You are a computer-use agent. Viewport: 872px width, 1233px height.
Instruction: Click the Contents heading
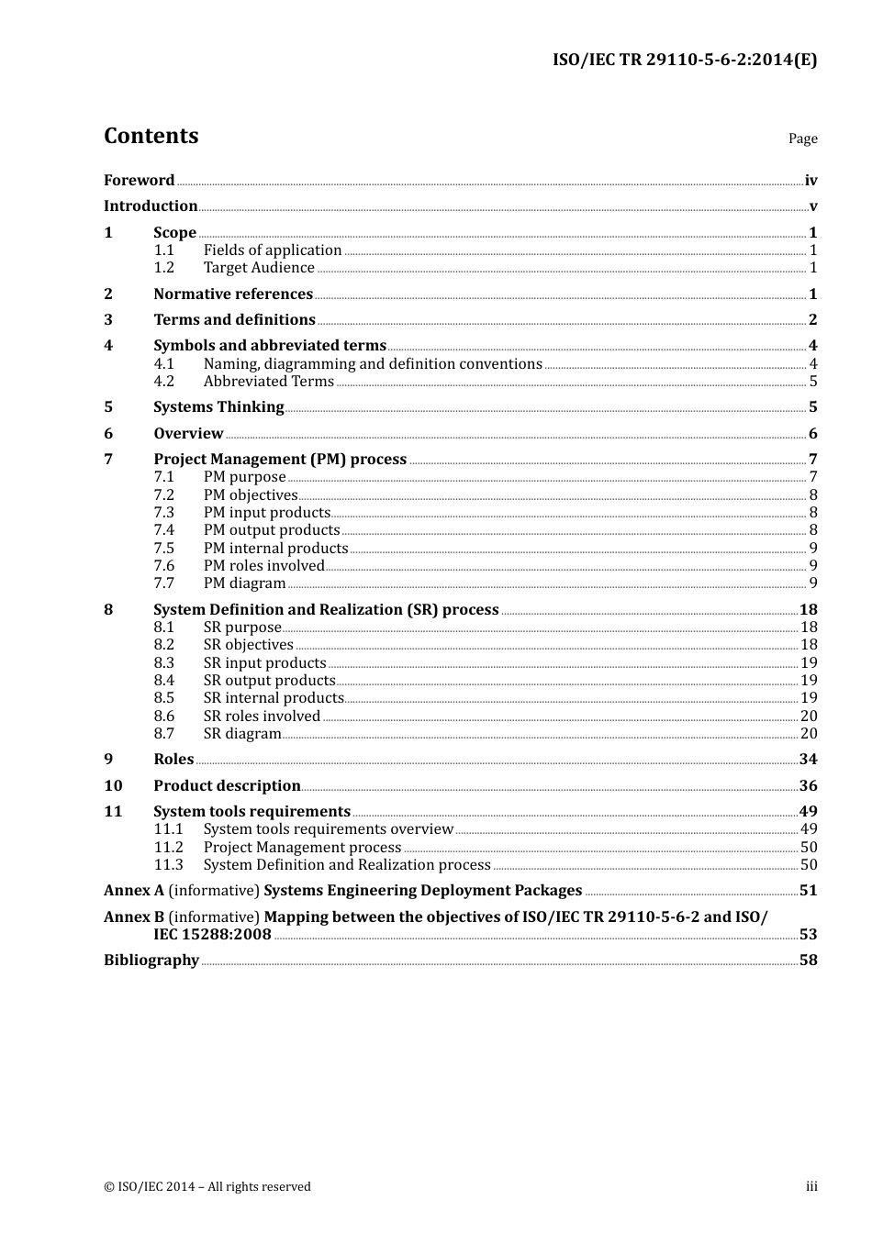click(151, 136)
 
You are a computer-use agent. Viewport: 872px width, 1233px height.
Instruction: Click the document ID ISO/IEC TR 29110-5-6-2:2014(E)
click(684, 61)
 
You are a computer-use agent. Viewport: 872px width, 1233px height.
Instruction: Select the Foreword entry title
click(139, 181)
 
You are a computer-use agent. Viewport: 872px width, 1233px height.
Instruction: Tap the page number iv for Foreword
click(811, 181)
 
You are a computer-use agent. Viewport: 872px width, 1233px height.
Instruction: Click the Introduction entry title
click(151, 206)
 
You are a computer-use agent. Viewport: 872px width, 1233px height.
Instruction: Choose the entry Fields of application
click(273, 250)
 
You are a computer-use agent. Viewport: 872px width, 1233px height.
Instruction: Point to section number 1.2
click(163, 268)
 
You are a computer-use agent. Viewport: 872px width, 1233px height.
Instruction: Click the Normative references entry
click(233, 294)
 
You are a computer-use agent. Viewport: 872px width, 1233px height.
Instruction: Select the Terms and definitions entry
click(234, 320)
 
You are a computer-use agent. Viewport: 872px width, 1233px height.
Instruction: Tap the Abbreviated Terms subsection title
click(268, 382)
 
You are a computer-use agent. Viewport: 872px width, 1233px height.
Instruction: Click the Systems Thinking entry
click(218, 407)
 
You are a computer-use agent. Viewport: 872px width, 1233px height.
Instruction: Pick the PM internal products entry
click(275, 549)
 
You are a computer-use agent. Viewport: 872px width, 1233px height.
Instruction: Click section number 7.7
click(163, 583)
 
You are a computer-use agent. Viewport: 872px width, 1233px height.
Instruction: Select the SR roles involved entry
click(262, 716)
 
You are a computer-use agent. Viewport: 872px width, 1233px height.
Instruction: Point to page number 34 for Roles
click(808, 760)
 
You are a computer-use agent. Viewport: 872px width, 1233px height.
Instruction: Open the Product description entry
click(227, 786)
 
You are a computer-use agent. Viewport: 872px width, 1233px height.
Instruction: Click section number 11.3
click(168, 865)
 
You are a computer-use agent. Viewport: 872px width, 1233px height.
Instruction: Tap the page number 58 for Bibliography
click(808, 961)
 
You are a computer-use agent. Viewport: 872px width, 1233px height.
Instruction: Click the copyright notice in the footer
click(207, 1187)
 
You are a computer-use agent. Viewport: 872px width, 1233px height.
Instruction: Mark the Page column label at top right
click(802, 139)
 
